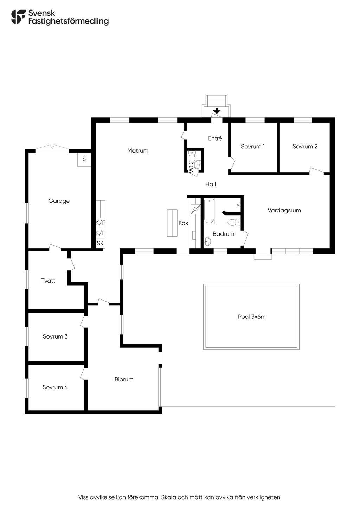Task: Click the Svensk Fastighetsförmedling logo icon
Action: pyautogui.click(x=18, y=17)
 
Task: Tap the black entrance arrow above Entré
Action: pyautogui.click(x=217, y=111)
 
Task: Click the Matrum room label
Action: pyautogui.click(x=138, y=150)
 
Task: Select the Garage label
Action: pyautogui.click(x=59, y=201)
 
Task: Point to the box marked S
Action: pyautogui.click(x=84, y=159)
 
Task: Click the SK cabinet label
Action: pyautogui.click(x=100, y=243)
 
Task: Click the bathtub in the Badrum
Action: pyautogui.click(x=209, y=211)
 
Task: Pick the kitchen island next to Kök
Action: pyautogui.click(x=172, y=223)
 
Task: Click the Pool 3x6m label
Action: pyautogui.click(x=252, y=317)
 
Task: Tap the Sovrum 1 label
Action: pyautogui.click(x=253, y=146)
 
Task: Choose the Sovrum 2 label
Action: pyautogui.click(x=305, y=146)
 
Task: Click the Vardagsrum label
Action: pyautogui.click(x=284, y=211)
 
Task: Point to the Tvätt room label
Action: pyautogui.click(x=48, y=281)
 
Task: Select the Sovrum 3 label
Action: pyautogui.click(x=55, y=336)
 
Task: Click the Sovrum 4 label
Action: pyautogui.click(x=55, y=387)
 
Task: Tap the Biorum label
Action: pyautogui.click(x=124, y=379)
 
